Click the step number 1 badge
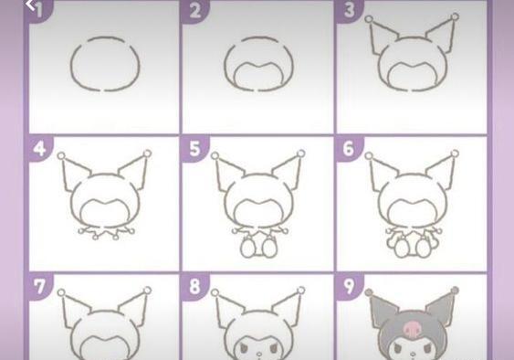(x=40, y=11)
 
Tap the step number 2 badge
(x=195, y=11)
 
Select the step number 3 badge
(x=350, y=11)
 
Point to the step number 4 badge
(x=40, y=148)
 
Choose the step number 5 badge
(x=195, y=148)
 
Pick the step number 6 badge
(x=350, y=148)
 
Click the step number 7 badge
(x=40, y=286)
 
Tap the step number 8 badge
(x=195, y=286)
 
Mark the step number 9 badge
(x=350, y=286)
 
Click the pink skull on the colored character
(x=411, y=329)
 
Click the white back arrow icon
(x=30, y=5)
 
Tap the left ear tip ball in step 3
(x=369, y=19)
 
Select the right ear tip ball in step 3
(x=455, y=16)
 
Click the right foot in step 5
(x=269, y=247)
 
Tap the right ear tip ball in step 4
(x=148, y=154)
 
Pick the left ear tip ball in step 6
(x=369, y=156)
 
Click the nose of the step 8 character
(x=259, y=355)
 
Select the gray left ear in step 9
(x=383, y=310)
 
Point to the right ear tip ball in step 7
(x=148, y=291)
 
